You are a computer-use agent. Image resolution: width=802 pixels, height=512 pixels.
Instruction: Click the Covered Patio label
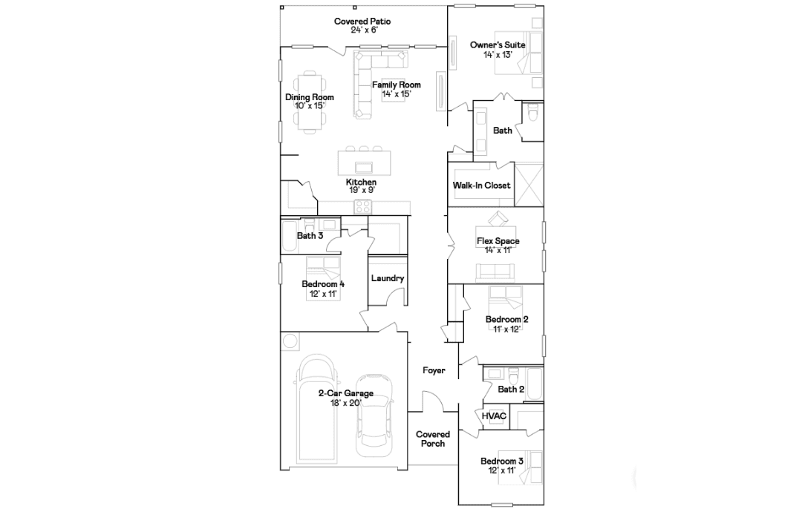[x=362, y=22]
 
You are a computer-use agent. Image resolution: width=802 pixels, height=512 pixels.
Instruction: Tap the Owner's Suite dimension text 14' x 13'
[x=497, y=55]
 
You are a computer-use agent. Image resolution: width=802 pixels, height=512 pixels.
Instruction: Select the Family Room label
[x=397, y=85]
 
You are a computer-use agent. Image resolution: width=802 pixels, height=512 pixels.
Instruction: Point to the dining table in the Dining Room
[x=310, y=102]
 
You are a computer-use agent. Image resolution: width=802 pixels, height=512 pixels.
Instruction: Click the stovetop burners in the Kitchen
[x=363, y=206]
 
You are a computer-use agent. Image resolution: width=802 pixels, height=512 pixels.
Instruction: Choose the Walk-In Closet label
[x=481, y=186]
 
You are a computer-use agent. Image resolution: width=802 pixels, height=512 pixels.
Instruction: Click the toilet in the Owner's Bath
[x=533, y=113]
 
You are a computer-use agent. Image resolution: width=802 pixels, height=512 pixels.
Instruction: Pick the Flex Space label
[x=498, y=241]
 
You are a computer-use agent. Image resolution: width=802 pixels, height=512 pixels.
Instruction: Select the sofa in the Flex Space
[x=495, y=273]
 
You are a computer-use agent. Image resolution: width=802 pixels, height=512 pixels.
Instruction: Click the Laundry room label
[x=387, y=278]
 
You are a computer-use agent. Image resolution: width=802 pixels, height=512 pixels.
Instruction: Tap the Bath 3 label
[x=310, y=236]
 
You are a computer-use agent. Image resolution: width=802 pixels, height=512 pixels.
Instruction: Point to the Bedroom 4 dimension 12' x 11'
[x=323, y=295]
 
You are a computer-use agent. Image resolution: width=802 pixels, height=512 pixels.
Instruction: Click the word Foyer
[x=434, y=370]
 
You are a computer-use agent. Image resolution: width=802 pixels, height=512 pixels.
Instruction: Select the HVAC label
[x=494, y=416]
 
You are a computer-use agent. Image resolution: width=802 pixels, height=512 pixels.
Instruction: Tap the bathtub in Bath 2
[x=535, y=384]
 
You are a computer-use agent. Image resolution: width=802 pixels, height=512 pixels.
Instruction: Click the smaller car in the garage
[x=374, y=416]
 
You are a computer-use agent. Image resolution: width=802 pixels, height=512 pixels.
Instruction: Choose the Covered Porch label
[x=433, y=439]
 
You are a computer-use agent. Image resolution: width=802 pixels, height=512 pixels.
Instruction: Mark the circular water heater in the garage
[x=290, y=341]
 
